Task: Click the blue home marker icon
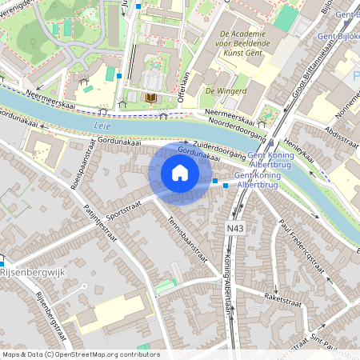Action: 180,173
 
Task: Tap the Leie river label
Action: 102,126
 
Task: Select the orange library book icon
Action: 150,98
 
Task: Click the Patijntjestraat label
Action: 101,224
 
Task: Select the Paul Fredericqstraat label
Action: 302,243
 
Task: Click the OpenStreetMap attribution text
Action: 80,354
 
